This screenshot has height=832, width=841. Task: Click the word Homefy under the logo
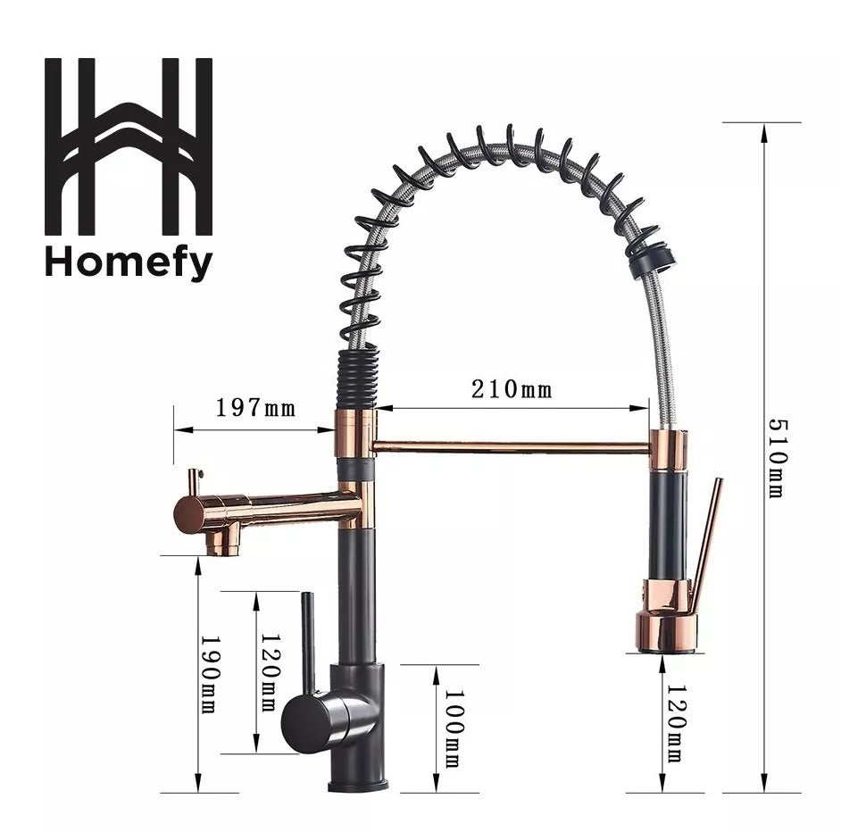point(129,262)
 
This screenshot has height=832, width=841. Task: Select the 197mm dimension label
point(254,408)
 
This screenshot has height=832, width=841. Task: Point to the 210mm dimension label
point(512,389)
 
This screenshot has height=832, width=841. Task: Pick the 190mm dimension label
point(207,674)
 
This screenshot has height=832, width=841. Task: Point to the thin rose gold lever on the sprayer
point(707,536)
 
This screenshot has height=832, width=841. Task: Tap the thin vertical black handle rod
point(306,638)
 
